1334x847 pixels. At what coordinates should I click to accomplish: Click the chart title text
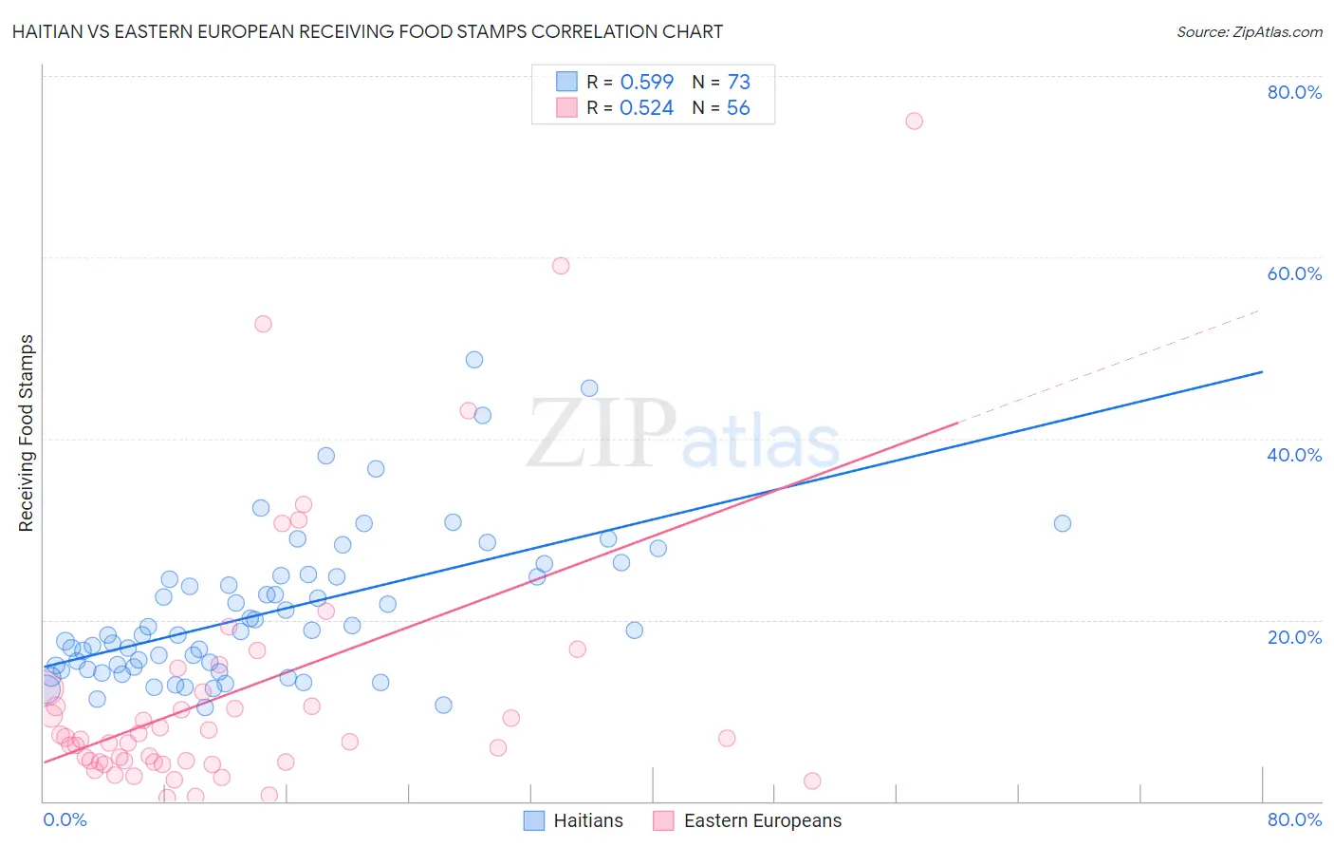tap(367, 31)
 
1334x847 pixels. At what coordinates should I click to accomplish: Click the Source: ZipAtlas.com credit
tap(1249, 31)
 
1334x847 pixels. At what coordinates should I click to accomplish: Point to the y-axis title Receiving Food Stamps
tap(26, 433)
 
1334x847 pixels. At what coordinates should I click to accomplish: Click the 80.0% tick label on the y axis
tap(1294, 92)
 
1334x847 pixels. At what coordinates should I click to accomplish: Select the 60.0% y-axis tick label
tap(1294, 273)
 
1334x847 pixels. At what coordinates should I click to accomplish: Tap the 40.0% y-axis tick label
tap(1294, 455)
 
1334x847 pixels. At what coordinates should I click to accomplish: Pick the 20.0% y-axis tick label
tap(1294, 637)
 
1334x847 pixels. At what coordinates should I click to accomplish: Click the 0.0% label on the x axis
tap(65, 819)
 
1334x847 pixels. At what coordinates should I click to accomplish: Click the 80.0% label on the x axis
tap(1294, 819)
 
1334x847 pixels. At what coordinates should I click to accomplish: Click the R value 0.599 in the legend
tap(646, 82)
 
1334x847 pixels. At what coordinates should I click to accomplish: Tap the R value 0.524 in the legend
tap(646, 108)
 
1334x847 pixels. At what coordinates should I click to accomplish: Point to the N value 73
tap(738, 82)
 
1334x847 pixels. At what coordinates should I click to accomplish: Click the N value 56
tap(738, 108)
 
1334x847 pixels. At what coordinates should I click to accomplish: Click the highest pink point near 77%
tap(914, 121)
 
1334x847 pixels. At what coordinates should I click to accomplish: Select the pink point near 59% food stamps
tap(561, 266)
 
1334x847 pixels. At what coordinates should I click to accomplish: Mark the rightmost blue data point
tap(1063, 523)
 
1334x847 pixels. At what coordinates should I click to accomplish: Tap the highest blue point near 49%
tap(474, 360)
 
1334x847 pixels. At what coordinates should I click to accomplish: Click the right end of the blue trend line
tap(1262, 372)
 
